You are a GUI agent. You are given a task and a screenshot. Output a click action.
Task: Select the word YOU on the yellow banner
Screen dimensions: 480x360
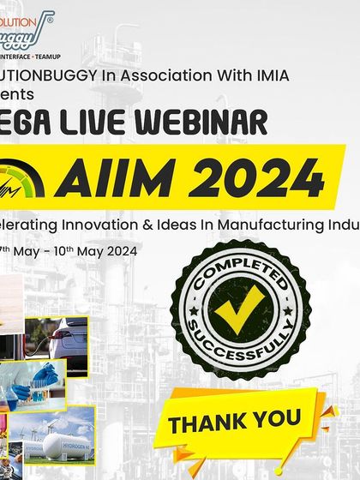277,418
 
